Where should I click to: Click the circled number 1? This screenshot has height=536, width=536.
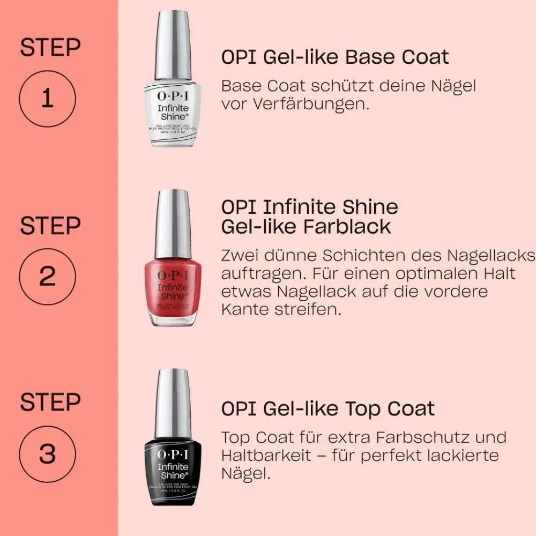point(47,99)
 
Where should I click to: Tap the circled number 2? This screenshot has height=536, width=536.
point(47,277)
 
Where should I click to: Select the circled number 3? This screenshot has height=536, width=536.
point(47,454)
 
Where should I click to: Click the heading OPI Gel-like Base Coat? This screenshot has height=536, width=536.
point(335,57)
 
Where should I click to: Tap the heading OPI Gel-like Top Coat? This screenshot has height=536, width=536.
point(327,410)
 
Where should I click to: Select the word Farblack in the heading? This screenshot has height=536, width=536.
point(347,227)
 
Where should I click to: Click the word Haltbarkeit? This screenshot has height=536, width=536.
point(266,456)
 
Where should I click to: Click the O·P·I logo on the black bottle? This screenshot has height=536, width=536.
point(173,455)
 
